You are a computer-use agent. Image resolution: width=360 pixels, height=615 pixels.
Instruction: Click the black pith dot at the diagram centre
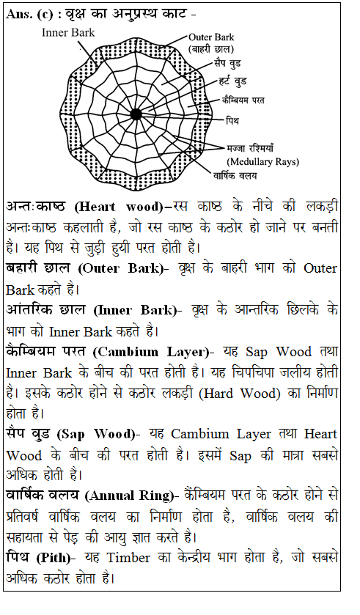(136, 113)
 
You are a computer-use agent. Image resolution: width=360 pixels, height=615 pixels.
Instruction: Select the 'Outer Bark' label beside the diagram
(213, 37)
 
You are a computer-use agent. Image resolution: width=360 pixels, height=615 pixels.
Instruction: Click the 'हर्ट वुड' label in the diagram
(238, 80)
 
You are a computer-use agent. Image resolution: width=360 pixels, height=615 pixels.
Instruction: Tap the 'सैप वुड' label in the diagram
(229, 64)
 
